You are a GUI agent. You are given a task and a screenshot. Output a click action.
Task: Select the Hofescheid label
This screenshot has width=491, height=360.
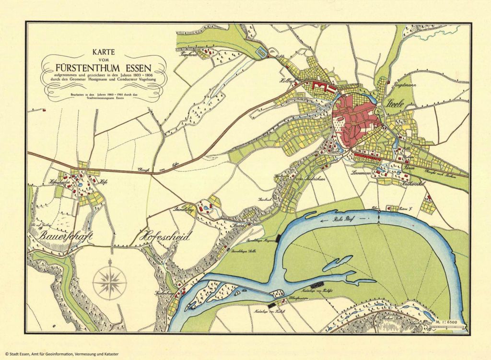pyautogui.click(x=164, y=236)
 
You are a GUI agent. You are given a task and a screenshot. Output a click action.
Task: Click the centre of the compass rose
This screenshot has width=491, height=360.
pyautogui.click(x=109, y=282)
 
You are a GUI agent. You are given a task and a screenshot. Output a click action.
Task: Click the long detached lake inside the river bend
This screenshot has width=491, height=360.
pyautogui.click(x=338, y=263)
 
